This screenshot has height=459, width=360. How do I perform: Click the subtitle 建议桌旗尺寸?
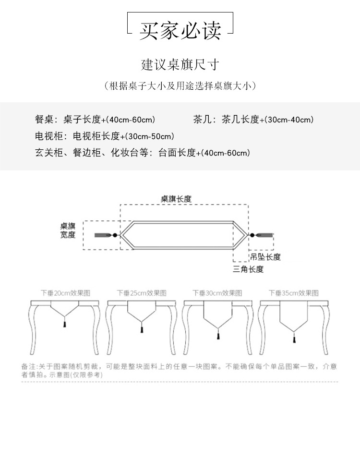coord(180,64)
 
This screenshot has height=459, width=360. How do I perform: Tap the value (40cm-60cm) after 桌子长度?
coord(131,120)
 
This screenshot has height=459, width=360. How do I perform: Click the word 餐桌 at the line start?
coord(44,120)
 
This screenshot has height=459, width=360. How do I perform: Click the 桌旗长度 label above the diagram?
coord(176,198)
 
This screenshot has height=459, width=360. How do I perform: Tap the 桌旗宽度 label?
coord(68,230)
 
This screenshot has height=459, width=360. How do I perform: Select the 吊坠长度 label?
coord(265,257)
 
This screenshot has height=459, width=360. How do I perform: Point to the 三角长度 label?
coord(248,269)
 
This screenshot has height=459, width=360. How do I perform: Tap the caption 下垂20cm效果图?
coord(65,292)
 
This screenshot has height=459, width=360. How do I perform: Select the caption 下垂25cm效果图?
coord(142,292)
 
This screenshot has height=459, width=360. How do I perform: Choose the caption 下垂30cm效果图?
coord(217,292)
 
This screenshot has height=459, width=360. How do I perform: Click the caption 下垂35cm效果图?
coord(293,292)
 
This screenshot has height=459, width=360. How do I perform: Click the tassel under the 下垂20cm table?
coord(64,325)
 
